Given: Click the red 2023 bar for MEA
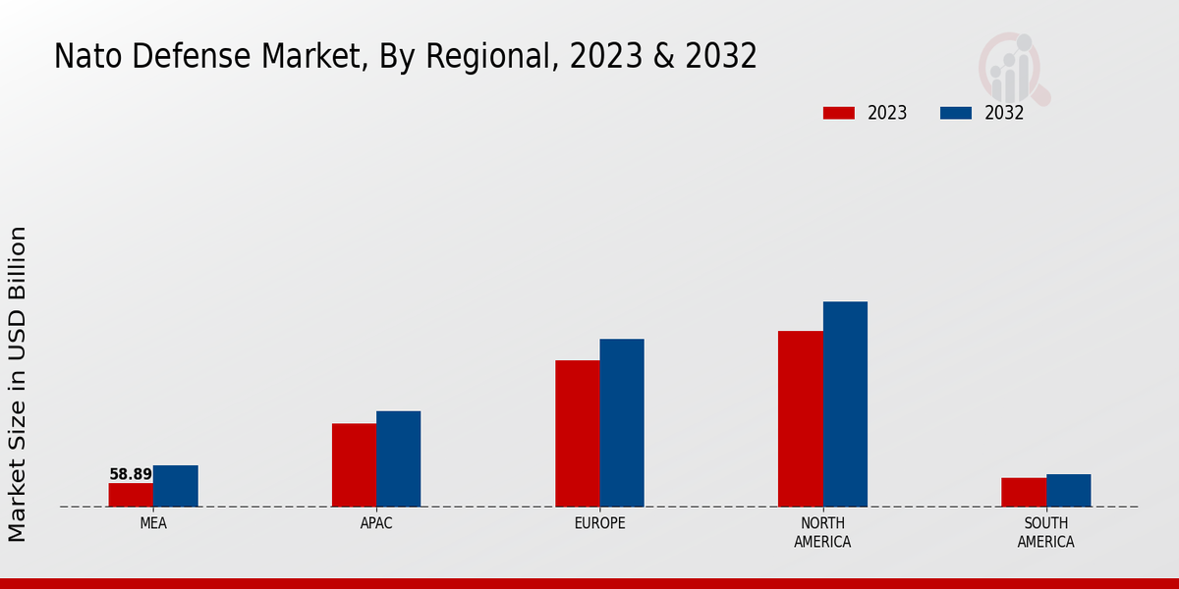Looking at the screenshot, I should tap(131, 495).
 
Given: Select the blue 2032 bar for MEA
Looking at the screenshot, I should tap(175, 486).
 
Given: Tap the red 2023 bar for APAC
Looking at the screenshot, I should tap(354, 464).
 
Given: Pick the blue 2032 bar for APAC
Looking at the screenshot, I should tap(398, 458).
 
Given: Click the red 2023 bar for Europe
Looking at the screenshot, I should tap(577, 433).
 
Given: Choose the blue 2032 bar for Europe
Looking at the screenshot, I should tap(622, 422).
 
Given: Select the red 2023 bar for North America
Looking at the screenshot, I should tap(800, 418).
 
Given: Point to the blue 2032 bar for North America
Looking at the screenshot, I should tap(845, 403).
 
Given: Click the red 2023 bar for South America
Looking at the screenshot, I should tap(1023, 492).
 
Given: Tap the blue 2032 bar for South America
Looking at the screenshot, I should tap(1068, 490).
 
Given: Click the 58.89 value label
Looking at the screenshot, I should tap(131, 474).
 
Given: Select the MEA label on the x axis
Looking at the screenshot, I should tap(153, 523).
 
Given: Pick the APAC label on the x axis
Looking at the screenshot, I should tap(376, 523).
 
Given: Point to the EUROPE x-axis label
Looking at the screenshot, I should tap(599, 523).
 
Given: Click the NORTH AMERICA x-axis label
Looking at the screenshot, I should tap(822, 532).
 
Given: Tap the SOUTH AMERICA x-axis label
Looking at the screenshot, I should tap(1045, 532).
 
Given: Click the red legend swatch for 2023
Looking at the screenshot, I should tap(838, 113).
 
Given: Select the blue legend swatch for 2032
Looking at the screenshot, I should tap(955, 113).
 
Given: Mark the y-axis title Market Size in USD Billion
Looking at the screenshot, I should tap(18, 383).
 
